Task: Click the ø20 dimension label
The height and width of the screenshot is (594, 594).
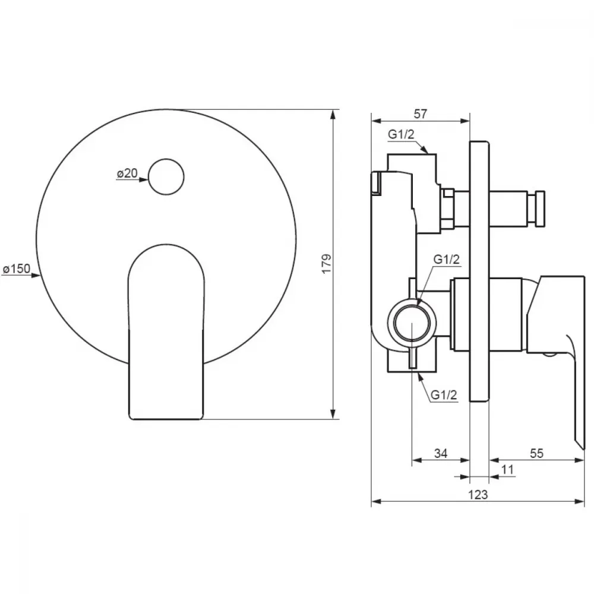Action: coord(127,173)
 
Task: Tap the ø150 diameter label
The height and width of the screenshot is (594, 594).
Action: coord(16,268)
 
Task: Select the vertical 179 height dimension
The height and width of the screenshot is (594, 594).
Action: coord(326,264)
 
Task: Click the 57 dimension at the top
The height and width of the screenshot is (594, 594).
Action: coord(421,113)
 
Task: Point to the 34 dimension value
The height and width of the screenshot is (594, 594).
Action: coord(441,453)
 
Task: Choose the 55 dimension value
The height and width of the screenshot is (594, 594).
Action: coord(536,453)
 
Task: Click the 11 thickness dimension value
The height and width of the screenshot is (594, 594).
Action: coord(507,470)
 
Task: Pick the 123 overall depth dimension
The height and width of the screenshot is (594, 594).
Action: coord(478,495)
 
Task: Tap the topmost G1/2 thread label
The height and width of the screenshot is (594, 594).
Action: coord(401,134)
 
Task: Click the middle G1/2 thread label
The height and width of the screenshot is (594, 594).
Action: coord(447,260)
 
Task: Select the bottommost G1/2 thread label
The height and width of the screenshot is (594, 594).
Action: coord(444,395)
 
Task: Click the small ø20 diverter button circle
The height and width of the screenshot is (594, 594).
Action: coord(166,177)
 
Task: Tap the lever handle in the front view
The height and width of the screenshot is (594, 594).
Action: coord(166,332)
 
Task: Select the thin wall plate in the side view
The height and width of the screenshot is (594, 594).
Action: coord(479,271)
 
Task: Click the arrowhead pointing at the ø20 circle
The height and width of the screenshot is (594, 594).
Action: coord(143,179)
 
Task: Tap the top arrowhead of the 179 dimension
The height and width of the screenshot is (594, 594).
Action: coord(333,115)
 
